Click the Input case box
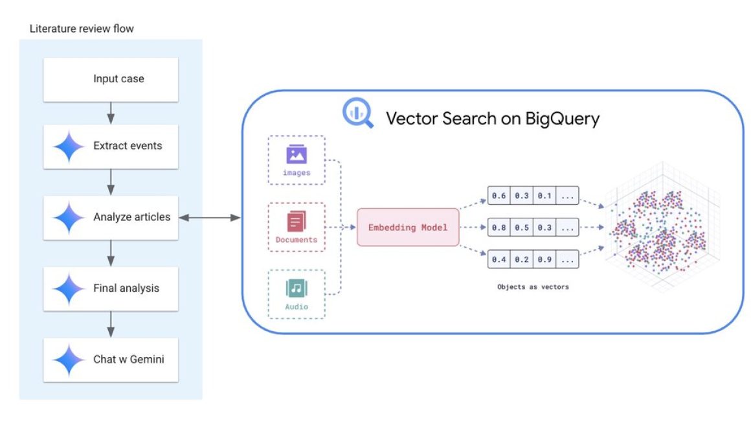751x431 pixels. point(111,79)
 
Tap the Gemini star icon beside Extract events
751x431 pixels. point(69,146)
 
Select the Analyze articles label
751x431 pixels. point(131,217)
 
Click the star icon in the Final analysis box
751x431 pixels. point(69,288)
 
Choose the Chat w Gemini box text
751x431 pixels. point(128,358)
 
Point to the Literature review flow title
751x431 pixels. point(82,29)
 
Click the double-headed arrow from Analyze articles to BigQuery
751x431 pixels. point(209,218)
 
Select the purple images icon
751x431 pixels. point(297,154)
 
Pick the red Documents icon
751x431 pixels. point(297,222)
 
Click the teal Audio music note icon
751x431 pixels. point(297,288)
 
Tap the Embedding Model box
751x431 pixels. point(408,227)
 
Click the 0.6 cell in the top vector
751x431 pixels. point(499,195)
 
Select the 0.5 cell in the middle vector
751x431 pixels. point(521,227)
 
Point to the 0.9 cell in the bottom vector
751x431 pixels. point(544,259)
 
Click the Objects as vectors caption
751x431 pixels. point(532,286)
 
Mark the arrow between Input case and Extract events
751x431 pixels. point(111,113)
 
